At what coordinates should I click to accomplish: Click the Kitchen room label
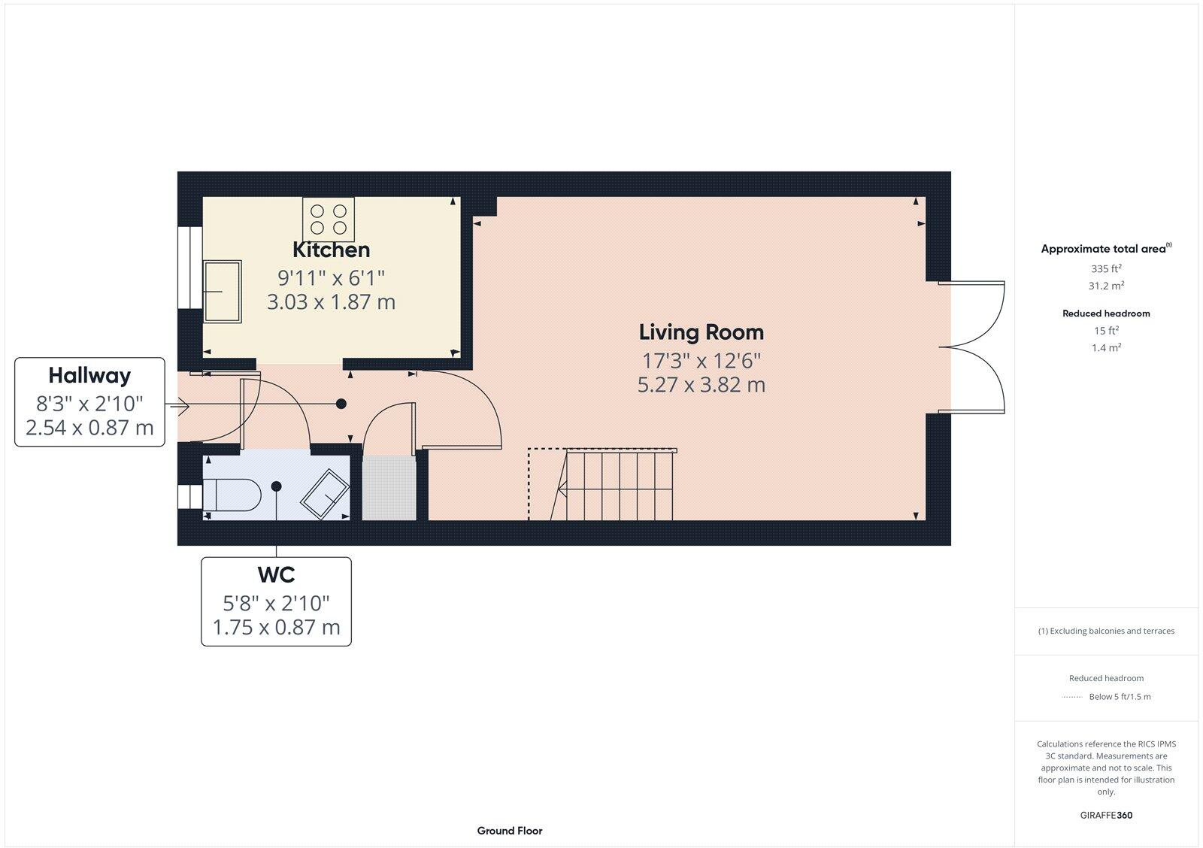331,250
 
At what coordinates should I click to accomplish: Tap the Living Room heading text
701,332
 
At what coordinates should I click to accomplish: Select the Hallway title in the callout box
89,375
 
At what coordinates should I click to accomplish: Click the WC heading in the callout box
276,574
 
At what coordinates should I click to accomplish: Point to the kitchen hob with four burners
329,219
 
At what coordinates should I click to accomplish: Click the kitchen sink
223,292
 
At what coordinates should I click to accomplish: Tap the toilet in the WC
232,495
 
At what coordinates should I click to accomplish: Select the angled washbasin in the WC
325,494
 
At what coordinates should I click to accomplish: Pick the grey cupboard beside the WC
389,488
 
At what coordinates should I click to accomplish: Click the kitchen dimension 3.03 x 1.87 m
331,301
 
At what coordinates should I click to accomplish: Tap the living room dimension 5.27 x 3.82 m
701,384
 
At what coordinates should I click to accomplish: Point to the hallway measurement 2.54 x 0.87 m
89,428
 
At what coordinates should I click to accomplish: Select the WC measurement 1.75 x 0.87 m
276,627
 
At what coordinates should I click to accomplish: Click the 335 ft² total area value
1106,268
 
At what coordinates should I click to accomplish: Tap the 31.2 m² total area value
1106,285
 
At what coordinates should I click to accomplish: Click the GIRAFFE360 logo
1106,815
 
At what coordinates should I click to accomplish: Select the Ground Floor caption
510,831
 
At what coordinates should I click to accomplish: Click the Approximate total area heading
1106,248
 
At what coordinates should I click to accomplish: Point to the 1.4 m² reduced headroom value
1106,347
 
